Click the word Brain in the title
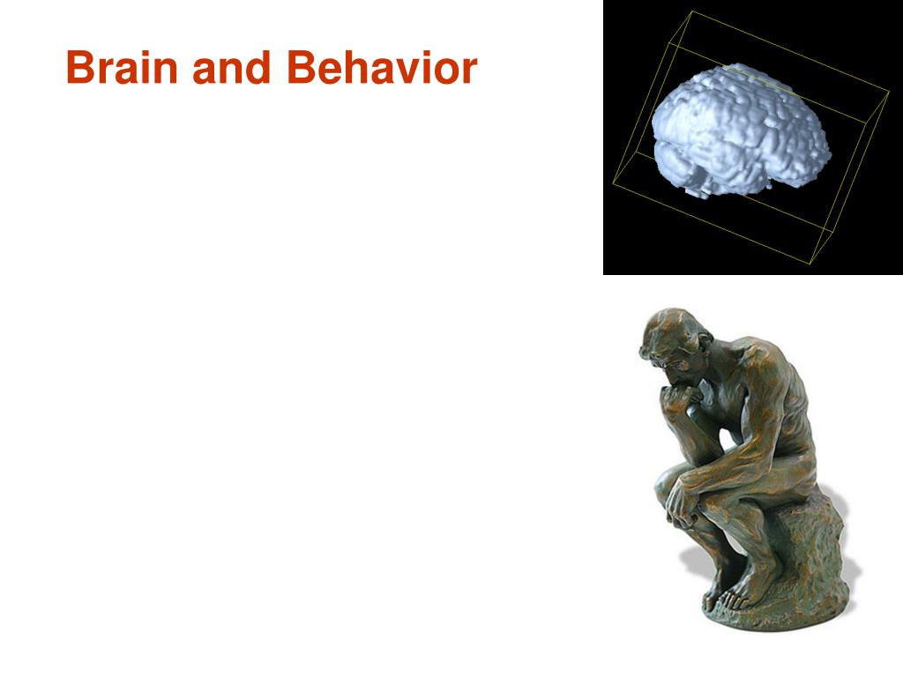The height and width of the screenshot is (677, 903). tap(122, 67)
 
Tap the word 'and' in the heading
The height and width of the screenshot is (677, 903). tap(232, 67)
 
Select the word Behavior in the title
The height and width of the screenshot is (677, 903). tap(382, 67)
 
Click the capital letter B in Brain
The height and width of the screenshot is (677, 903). tap(80, 67)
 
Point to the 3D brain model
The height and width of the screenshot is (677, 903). tap(741, 130)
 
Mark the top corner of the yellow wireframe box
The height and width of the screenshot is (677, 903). tap(691, 11)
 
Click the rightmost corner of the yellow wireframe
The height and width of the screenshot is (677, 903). tap(889, 91)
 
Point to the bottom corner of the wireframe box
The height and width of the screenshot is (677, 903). tap(810, 264)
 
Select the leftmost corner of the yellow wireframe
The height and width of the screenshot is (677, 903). tap(613, 183)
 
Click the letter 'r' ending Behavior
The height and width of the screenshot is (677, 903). tap(469, 72)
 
